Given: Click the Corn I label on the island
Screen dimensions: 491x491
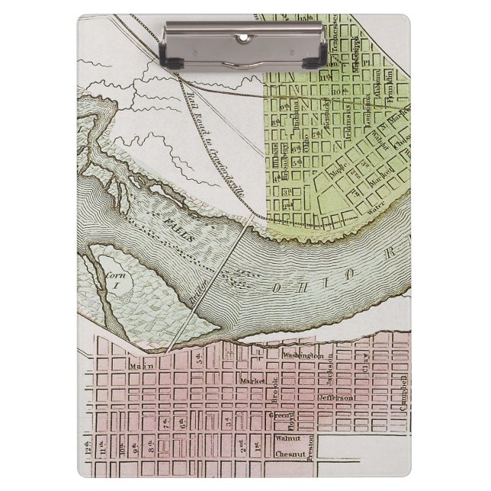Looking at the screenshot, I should [x=114, y=280].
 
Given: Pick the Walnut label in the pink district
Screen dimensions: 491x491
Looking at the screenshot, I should [x=288, y=438].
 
